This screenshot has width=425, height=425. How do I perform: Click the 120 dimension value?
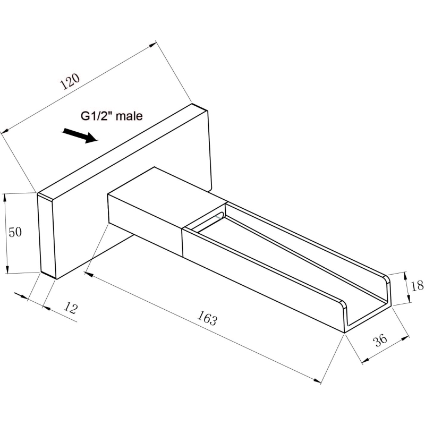click(x=70, y=81)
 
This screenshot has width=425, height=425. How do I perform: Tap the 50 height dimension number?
click(x=15, y=232)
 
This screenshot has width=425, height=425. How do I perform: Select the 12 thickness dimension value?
click(x=71, y=308)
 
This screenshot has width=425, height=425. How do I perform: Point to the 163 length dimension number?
click(x=207, y=317)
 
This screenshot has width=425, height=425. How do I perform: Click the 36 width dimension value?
click(x=380, y=341)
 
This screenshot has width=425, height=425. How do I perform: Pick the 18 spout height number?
click(x=417, y=286)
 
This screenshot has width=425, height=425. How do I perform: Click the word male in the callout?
click(x=129, y=116)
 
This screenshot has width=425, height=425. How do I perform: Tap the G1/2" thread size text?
click(x=98, y=116)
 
